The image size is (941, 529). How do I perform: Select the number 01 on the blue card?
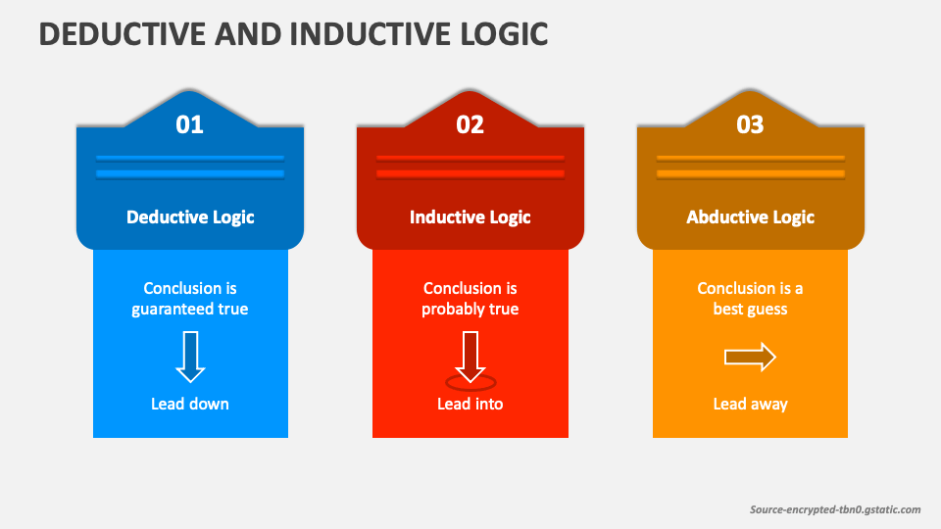189,124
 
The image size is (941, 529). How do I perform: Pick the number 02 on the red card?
470,124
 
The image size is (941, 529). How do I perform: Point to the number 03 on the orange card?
750,124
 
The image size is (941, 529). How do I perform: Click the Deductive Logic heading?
190,217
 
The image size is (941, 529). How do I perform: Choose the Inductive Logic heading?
470,217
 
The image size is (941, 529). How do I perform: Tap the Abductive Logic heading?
750,217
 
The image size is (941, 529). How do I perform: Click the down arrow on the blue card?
190,357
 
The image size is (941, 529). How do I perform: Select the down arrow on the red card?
470,357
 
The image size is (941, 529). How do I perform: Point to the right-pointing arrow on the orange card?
750,358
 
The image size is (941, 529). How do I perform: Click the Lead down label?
189,404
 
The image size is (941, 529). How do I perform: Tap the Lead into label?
470,404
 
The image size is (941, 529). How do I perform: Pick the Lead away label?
750,405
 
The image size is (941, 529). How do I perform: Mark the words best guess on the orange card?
750,310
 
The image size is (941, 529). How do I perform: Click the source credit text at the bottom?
835,509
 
